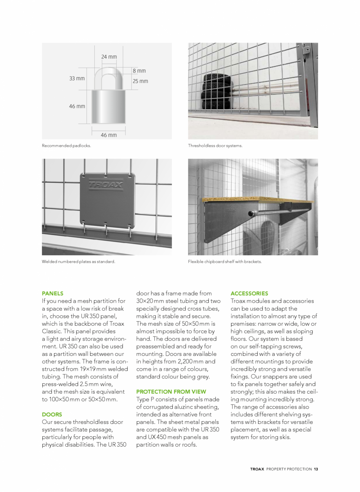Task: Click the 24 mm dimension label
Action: point(109,57)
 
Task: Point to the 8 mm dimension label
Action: point(139,71)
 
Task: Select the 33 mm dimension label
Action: point(77,79)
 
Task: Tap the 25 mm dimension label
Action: point(140,81)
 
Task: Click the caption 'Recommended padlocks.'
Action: point(67,146)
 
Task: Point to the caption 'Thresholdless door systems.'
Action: point(215,146)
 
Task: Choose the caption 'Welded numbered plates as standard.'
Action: point(78,261)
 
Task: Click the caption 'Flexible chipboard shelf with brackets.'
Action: point(224,261)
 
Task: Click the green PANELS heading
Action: point(52,293)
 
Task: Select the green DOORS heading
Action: point(52,414)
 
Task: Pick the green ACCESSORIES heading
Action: point(249,293)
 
